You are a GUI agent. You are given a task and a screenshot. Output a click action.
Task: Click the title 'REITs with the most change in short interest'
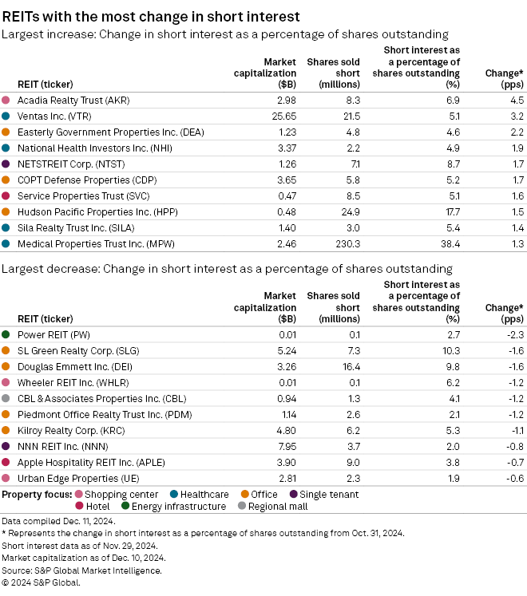152,16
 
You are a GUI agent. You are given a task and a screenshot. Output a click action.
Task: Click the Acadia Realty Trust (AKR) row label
73,101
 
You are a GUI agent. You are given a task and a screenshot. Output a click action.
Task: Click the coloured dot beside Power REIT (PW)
6,334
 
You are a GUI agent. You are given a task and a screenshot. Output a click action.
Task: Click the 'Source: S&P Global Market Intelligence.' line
82,570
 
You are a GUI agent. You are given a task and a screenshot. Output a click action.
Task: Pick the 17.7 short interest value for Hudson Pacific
451,211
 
